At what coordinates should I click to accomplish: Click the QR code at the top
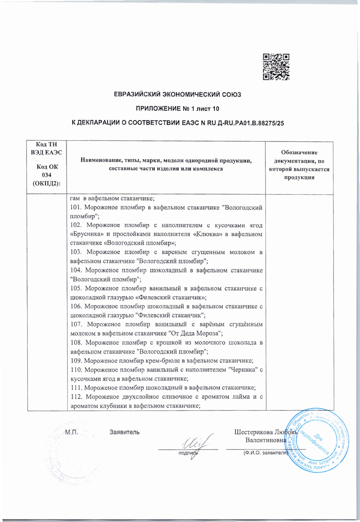[x=276, y=67]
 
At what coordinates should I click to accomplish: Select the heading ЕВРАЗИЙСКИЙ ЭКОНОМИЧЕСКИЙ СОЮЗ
[x=177, y=94]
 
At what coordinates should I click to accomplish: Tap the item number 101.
[x=75, y=207]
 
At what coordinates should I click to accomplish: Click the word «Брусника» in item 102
[x=84, y=234]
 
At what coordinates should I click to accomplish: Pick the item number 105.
[x=76, y=288]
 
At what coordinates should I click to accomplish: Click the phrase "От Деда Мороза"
[x=195, y=333]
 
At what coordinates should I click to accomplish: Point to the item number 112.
[x=76, y=397]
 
